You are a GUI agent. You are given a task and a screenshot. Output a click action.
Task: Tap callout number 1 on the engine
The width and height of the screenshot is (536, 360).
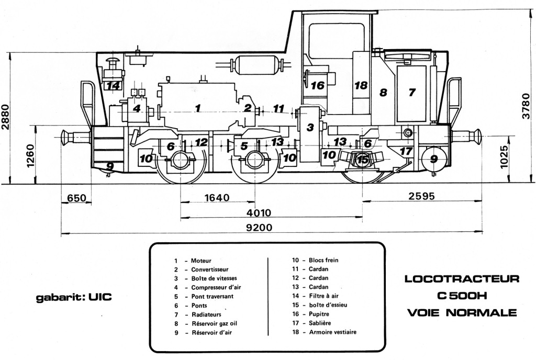pyautogui.click(x=197, y=108)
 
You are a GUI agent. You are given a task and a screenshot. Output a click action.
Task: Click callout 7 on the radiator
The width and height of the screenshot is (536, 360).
pyautogui.click(x=412, y=92)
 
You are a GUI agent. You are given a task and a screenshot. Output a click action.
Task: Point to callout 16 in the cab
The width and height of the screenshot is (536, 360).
pyautogui.click(x=318, y=85)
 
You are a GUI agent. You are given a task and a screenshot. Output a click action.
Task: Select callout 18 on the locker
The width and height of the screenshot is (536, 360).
pyautogui.click(x=361, y=85)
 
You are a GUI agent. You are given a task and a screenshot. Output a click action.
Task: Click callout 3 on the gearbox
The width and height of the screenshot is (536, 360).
pyautogui.click(x=310, y=127)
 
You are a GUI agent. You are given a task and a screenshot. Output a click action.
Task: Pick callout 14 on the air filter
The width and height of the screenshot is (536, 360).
pyautogui.click(x=113, y=86)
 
